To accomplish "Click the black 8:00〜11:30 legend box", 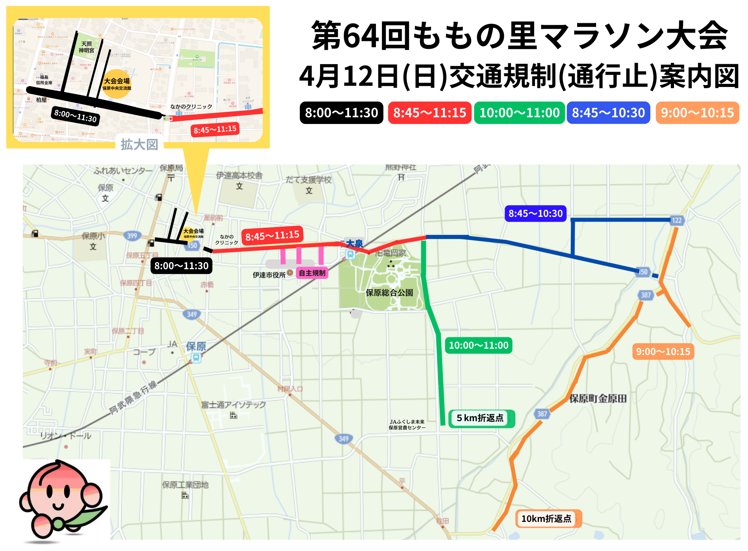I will click(x=341, y=113).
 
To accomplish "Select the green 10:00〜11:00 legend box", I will click(x=519, y=113).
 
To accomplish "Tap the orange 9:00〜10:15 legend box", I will click(x=697, y=113).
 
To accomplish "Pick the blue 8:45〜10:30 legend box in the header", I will click(x=608, y=113).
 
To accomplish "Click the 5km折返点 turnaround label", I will click(x=480, y=418).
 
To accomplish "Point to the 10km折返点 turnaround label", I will click(x=546, y=519).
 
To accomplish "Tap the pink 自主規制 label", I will click(x=312, y=273).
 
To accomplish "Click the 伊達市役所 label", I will click(x=269, y=275).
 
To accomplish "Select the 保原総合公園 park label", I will click(x=389, y=293).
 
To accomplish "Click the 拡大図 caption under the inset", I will click(x=139, y=144).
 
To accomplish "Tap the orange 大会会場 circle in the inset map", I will click(x=117, y=83).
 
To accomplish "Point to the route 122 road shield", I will click(x=676, y=220).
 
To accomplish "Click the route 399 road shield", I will click(x=132, y=236).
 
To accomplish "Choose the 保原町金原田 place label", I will click(x=598, y=399).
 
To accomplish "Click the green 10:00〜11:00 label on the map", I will click(x=478, y=346).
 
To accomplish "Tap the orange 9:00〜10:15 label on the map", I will click(x=663, y=351).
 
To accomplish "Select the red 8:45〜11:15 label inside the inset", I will click(x=215, y=129).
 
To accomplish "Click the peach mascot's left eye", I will click(x=50, y=491).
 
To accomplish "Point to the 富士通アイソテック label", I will click(x=233, y=405).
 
